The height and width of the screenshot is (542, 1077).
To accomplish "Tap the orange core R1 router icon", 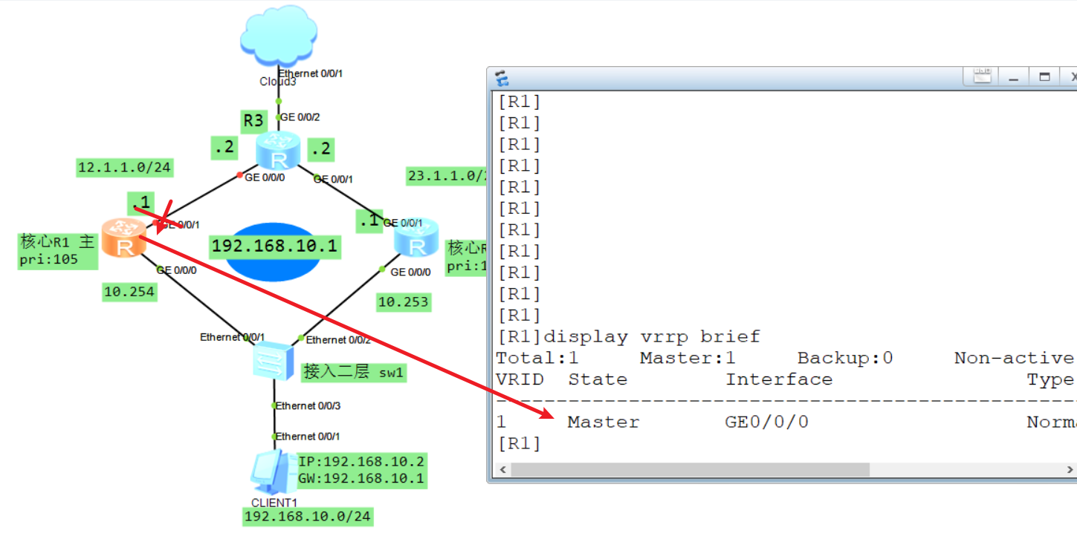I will coord(123,238).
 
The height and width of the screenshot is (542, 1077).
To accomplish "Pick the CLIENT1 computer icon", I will coord(271,471).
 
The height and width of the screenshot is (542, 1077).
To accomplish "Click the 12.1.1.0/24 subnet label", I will coord(125,168).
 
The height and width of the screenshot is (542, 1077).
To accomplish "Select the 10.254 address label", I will coord(129,292).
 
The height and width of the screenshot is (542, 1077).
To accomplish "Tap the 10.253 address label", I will coord(404,301).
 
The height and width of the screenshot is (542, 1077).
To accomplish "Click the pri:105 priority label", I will coord(48,260).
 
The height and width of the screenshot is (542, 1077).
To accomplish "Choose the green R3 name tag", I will coord(253,120).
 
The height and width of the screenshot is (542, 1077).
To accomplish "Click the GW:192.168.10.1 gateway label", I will coord(361,478).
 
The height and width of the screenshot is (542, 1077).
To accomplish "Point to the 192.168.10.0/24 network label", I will coord(308,517).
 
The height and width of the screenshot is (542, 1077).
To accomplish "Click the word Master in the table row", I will coord(603,422).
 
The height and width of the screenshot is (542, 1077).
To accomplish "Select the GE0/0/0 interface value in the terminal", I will coord(766,422).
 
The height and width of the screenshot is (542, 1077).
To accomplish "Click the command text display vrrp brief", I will coord(652,337).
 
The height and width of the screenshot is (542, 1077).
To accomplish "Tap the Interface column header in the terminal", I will coord(778,379).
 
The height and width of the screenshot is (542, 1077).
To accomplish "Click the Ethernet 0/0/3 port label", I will coord(308,405).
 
